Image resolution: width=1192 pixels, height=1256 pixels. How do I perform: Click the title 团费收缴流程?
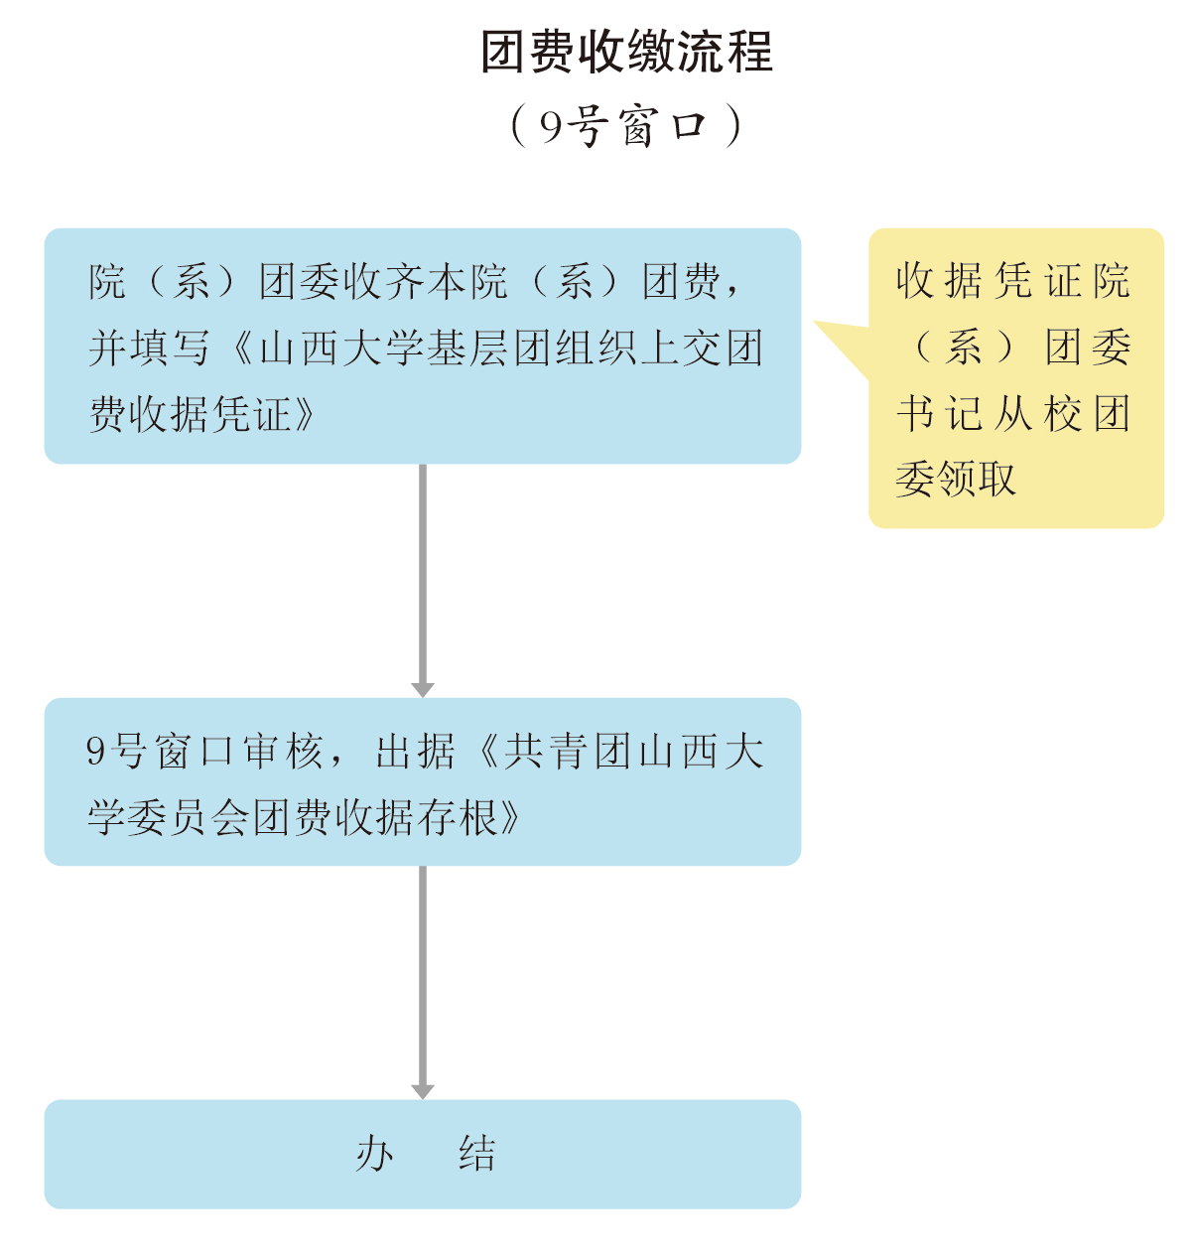click(x=626, y=53)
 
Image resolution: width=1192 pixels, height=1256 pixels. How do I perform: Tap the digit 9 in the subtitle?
click(x=551, y=126)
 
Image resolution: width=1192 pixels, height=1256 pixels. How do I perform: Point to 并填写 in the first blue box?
click(x=149, y=348)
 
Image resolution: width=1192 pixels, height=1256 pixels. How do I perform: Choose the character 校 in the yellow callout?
click(x=1063, y=414)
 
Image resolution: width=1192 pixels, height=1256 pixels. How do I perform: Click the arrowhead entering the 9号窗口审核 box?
click(x=423, y=689)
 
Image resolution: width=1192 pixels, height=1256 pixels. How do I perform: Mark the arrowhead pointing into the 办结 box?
click(x=423, y=1090)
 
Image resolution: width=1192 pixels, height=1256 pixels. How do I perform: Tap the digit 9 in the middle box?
click(x=96, y=752)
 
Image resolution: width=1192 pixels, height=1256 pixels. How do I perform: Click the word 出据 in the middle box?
click(x=416, y=752)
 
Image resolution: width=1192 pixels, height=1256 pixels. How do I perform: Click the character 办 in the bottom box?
click(x=376, y=1154)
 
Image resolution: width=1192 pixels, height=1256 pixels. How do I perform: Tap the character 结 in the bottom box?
click(x=478, y=1154)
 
